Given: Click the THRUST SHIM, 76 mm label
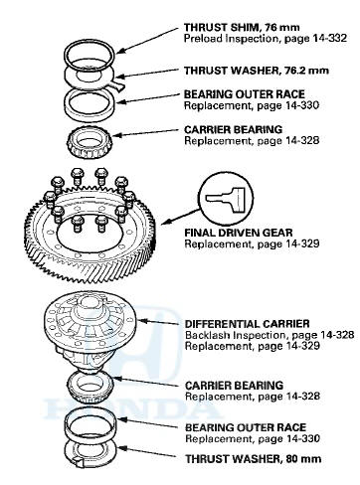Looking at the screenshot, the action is (x=242, y=27).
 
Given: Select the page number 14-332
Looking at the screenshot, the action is (x=330, y=38).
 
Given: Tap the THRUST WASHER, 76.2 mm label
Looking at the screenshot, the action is (x=257, y=71).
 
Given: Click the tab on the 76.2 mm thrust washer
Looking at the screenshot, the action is (x=118, y=85).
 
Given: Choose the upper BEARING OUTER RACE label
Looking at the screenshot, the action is (x=245, y=94).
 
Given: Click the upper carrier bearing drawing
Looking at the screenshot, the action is (x=90, y=142).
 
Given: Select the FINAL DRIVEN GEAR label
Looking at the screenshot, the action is (x=239, y=233).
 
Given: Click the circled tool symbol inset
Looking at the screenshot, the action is (x=227, y=199).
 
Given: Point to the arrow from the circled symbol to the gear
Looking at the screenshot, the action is (x=182, y=217).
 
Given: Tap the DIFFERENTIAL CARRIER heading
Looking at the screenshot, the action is (x=248, y=324).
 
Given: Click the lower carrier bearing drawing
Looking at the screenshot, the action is (x=90, y=386).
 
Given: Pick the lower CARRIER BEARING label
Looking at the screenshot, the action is (x=234, y=386).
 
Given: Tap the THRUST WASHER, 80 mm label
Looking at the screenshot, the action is (x=254, y=459).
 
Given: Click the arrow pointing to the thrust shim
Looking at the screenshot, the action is (x=148, y=40).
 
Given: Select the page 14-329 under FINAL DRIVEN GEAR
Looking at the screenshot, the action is (x=302, y=244).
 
